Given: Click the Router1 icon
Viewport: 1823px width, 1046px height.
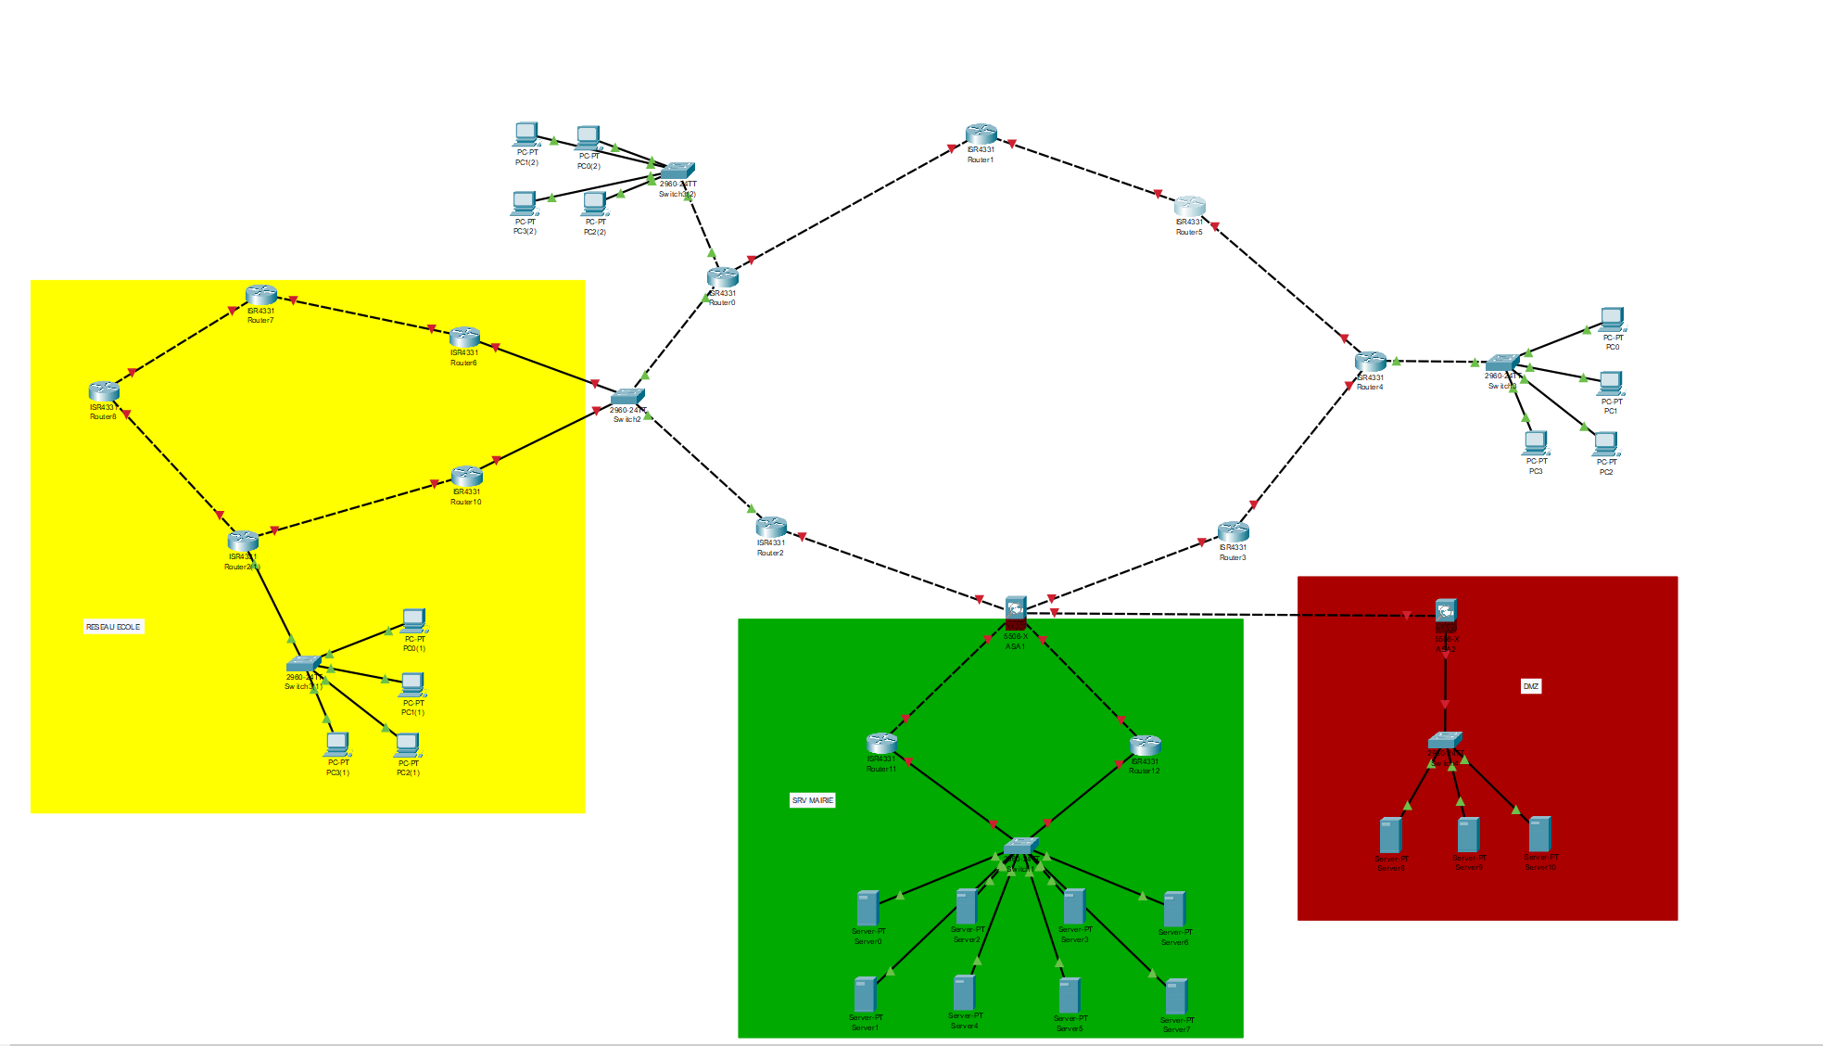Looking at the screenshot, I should click(981, 134).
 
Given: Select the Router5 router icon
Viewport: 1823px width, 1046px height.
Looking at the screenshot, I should click(1190, 206).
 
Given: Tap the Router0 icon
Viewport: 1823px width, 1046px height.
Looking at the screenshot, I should click(722, 276).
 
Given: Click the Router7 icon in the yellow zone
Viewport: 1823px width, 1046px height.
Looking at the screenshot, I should click(261, 295).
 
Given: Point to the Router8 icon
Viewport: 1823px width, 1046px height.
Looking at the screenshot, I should click(104, 391).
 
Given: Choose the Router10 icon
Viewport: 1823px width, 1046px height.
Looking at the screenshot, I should click(466, 476).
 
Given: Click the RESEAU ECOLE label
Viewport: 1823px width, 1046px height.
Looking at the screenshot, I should click(113, 627).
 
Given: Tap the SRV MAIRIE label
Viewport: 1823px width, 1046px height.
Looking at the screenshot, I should click(813, 800).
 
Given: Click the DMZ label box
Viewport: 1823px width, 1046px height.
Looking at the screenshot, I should click(1530, 686).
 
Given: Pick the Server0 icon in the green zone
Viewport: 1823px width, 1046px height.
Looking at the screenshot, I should click(867, 909).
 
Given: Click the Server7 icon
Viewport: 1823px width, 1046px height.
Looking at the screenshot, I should click(1176, 997).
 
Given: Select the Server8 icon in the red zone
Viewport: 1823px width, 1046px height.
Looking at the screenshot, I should click(1390, 836).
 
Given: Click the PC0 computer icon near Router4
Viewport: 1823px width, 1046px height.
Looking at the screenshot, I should click(1612, 319).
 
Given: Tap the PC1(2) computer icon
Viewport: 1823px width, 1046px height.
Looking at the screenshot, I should click(526, 134).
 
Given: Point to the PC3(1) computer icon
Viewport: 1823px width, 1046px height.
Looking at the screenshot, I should click(337, 744).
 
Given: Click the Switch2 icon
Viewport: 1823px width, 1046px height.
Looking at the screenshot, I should click(627, 397).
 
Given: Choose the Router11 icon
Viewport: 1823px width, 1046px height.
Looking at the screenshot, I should click(881, 744).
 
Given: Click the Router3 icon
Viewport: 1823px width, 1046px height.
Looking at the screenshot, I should click(1233, 531).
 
